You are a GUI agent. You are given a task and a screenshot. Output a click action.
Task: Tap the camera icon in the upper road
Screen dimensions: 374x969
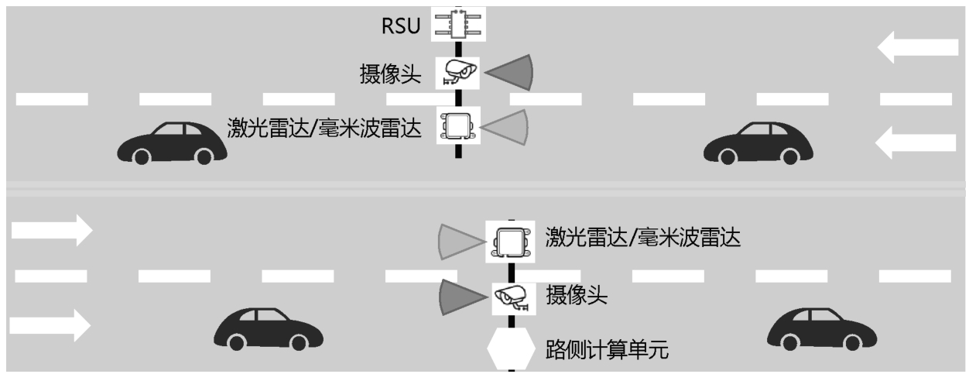pyautogui.click(x=457, y=72)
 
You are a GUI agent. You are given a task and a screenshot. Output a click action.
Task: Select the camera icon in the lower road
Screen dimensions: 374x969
pyautogui.click(x=510, y=295)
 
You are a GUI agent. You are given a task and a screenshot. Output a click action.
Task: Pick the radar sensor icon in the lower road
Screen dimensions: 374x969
pyautogui.click(x=510, y=242)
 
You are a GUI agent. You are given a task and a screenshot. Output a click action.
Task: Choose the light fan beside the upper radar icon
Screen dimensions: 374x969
pyautogui.click(x=507, y=125)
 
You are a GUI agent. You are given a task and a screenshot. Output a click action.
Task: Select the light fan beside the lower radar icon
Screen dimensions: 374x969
pyautogui.click(x=460, y=241)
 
